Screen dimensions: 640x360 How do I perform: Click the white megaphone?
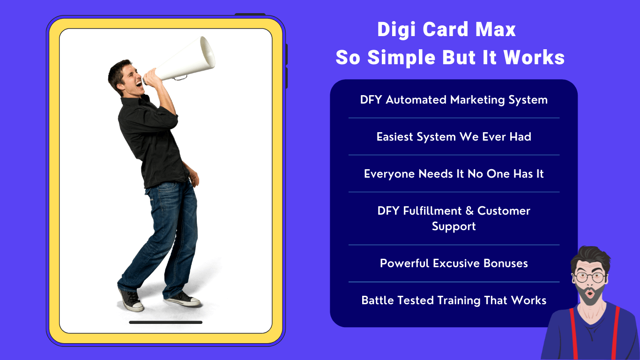[x=183, y=60]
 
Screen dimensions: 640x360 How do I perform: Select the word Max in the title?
[x=495, y=29]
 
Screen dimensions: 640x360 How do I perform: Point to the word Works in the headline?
[x=534, y=57]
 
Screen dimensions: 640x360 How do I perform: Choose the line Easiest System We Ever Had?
[x=454, y=137]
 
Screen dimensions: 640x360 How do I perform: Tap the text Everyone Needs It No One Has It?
[x=454, y=174]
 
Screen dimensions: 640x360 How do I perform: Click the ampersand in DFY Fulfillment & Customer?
[x=469, y=211]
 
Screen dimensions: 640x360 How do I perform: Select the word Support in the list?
[x=454, y=226]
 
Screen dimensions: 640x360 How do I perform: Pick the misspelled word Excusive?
[x=456, y=263]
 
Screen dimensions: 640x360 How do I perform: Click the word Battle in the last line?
[x=377, y=300]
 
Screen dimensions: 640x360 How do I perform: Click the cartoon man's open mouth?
[x=590, y=293]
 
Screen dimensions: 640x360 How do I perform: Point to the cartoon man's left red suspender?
[x=574, y=333]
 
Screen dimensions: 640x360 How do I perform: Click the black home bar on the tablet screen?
[x=166, y=322]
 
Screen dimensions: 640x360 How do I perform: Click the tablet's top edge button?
[x=250, y=15]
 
